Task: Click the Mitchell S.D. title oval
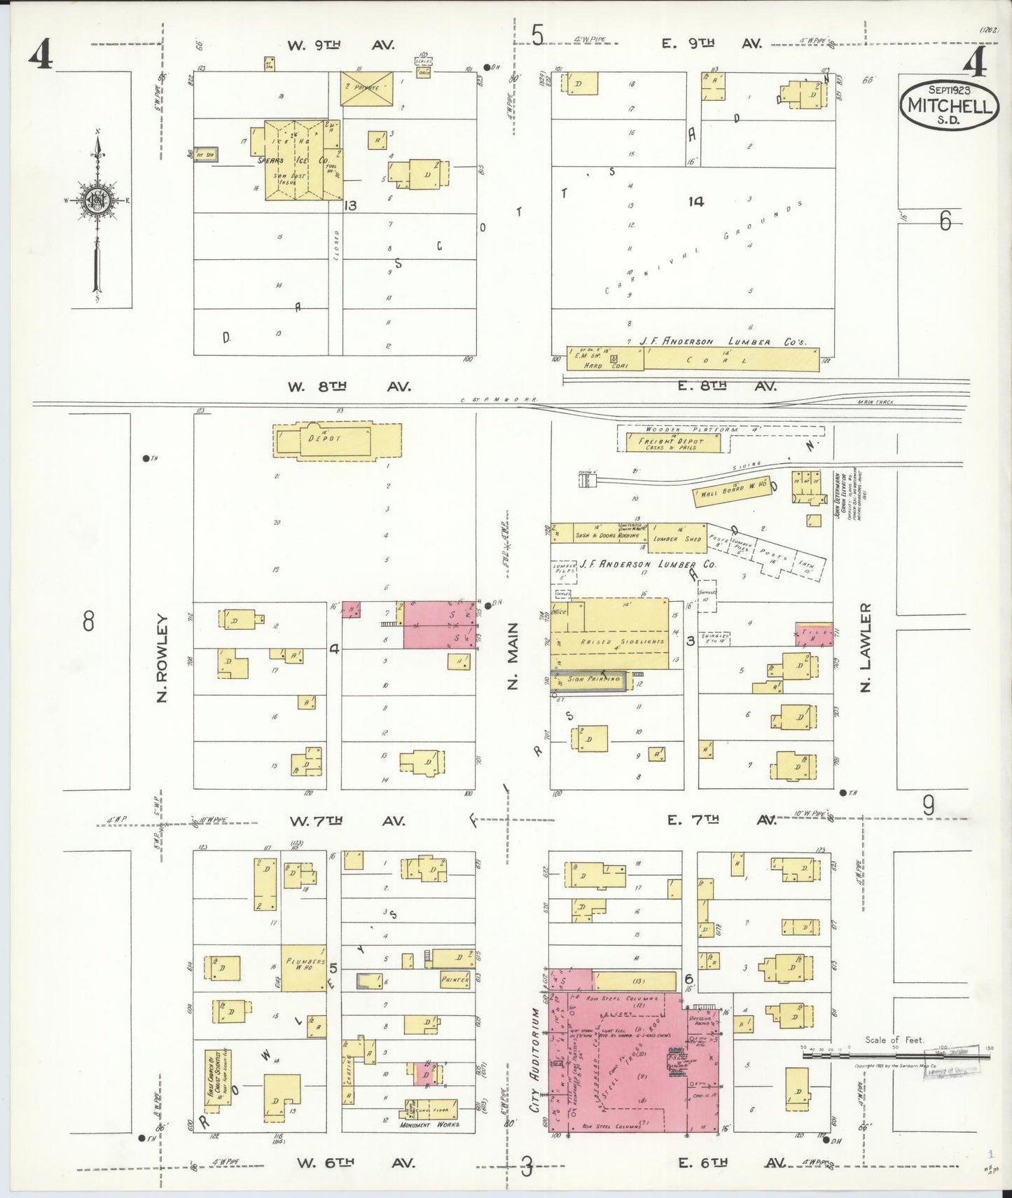[x=949, y=104]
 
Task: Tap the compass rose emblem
[x=96, y=200]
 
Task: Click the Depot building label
[x=324, y=439]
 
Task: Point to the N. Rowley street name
[x=162, y=658]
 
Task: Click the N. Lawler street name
[x=866, y=648]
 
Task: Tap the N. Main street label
[x=513, y=656]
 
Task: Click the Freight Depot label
[x=670, y=442]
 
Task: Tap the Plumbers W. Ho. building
[x=303, y=968]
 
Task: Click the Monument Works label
[x=429, y=1124]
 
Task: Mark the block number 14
[x=695, y=202]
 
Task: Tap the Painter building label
[x=454, y=979]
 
